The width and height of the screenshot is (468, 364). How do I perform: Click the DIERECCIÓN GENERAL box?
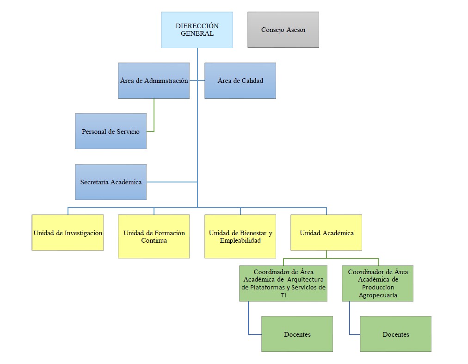pyautogui.click(x=197, y=30)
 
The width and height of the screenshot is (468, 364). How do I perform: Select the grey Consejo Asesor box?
pyautogui.click(x=283, y=30)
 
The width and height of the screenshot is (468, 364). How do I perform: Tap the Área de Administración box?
pyautogui.click(x=154, y=81)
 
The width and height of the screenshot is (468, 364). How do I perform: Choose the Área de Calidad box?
pyautogui.click(x=240, y=81)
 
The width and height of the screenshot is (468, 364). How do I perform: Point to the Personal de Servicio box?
pyautogui.click(x=111, y=131)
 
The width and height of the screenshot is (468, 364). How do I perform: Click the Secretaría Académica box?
pyautogui.click(x=111, y=182)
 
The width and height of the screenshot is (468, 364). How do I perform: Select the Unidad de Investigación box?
pyautogui.click(x=68, y=232)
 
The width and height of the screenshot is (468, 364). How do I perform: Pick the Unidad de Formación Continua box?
pyautogui.click(x=154, y=236)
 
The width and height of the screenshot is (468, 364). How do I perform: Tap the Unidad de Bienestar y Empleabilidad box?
pyautogui.click(x=240, y=236)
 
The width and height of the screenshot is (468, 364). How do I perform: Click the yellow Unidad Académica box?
pyautogui.click(x=326, y=232)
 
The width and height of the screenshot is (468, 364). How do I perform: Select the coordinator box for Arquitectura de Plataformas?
pyautogui.click(x=283, y=283)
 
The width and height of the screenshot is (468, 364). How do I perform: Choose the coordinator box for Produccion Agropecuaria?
pyautogui.click(x=378, y=283)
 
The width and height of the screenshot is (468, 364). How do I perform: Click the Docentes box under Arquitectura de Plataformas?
pyautogui.click(x=297, y=334)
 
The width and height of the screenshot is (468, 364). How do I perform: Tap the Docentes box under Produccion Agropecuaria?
pyautogui.click(x=395, y=334)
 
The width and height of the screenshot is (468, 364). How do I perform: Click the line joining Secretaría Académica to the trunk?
pyautogui.click(x=172, y=182)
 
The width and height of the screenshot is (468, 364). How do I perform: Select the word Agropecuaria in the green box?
pyautogui.click(x=378, y=295)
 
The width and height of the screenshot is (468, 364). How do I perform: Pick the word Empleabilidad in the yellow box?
pyautogui.click(x=240, y=240)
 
